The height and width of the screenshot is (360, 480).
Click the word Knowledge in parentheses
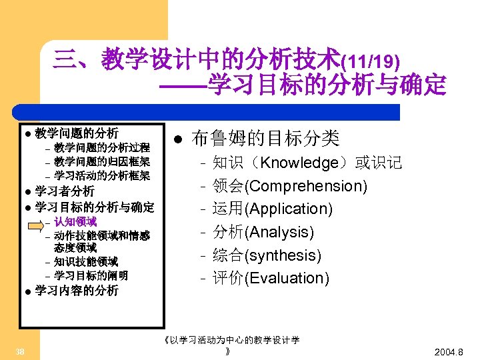coord(300,163)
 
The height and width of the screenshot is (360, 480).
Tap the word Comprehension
coord(306,186)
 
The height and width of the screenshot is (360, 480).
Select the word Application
coord(289,209)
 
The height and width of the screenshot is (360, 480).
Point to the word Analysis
coord(279,233)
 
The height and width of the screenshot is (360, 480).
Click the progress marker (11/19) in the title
coord(370,63)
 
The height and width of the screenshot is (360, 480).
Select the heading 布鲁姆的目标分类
coord(265,139)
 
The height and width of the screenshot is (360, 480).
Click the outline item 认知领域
coord(75,221)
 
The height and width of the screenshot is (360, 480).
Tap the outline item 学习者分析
coord(65,192)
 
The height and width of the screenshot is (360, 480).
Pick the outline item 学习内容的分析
coord(77,291)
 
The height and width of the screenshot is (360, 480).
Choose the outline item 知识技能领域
coord(86,261)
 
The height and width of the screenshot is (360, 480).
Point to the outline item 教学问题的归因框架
coord(102,161)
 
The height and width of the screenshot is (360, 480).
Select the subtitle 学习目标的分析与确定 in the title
coord(327,85)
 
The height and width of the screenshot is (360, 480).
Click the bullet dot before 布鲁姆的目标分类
coord(177,139)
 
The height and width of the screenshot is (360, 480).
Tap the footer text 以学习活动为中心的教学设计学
coord(234,340)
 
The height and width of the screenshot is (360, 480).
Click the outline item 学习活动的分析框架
coord(102,176)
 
